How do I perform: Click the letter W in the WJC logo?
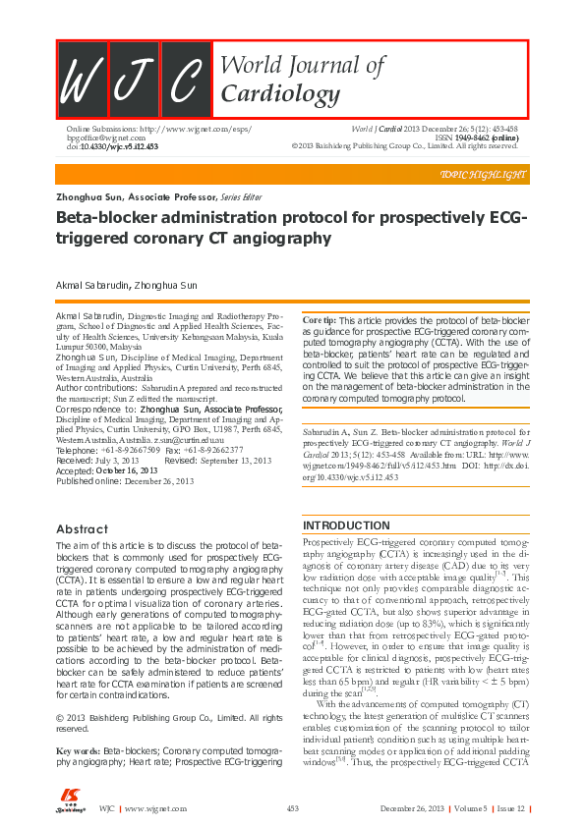pyautogui.click(x=82, y=80)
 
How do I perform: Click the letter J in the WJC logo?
pyautogui.click(x=134, y=80)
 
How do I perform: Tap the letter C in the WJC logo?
pyautogui.click(x=185, y=80)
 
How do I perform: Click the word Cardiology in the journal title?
pyautogui.click(x=265, y=95)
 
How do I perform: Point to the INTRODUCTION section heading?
pyautogui.click(x=347, y=525)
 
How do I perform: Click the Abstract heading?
pyautogui.click(x=83, y=529)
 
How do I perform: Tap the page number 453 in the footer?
pyautogui.click(x=292, y=808)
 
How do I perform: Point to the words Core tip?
pyautogui.click(x=319, y=321)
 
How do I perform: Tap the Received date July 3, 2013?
pyautogui.click(x=123, y=460)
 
